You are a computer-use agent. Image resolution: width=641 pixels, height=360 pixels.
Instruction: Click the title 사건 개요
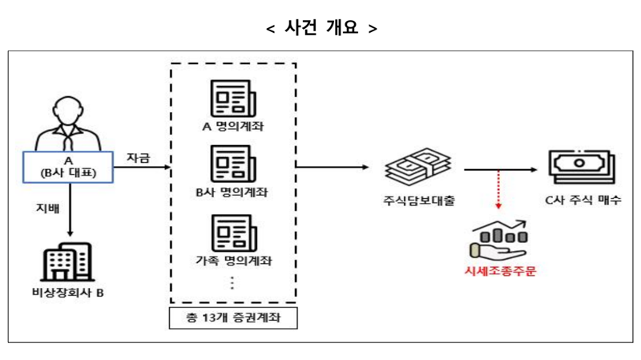[320, 27]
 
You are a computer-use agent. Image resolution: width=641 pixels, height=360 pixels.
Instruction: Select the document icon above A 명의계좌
[232, 98]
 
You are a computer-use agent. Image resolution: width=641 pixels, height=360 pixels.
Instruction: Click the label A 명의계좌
[232, 127]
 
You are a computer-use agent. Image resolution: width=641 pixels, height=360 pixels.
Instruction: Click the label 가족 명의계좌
[232, 261]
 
